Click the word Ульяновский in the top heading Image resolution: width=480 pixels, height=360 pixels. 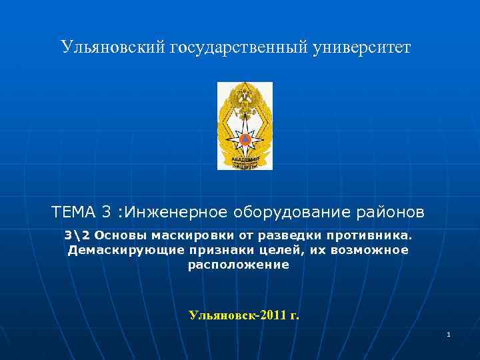[113, 47]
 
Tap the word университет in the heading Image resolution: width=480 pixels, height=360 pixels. [362, 47]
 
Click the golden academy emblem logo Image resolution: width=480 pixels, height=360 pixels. [245, 125]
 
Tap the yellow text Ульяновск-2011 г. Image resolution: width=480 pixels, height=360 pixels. [244, 315]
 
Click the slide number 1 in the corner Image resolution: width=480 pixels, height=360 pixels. [449, 334]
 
